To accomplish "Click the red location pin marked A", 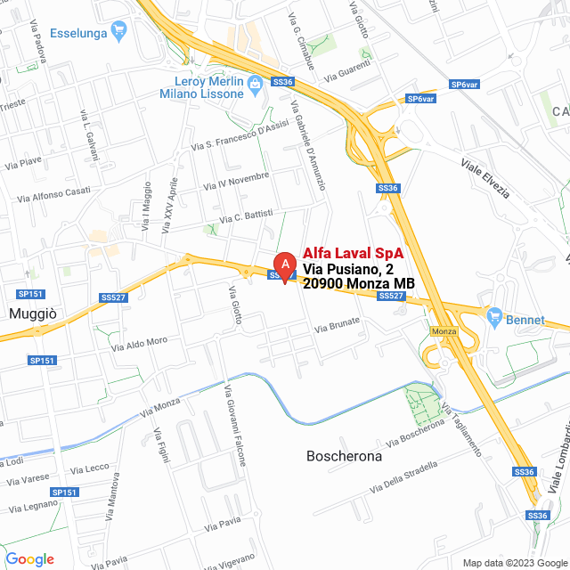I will tap(284, 266).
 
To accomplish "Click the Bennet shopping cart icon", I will tap(494, 316).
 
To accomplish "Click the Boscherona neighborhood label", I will tap(344, 456).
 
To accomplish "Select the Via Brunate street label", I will tap(337, 325).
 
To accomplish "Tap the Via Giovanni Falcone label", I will tap(233, 425).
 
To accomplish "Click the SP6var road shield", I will tap(420, 99).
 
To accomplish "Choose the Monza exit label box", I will tap(443, 331).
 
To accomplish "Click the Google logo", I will tap(29, 559).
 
